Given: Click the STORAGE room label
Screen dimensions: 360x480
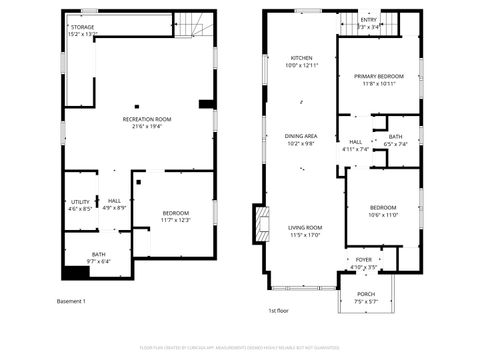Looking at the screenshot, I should pos(82,27).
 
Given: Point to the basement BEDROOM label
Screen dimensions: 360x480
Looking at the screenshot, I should pos(176,213).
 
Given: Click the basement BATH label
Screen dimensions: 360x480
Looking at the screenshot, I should pos(99,254).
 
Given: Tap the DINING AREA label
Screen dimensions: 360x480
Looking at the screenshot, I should pos(302,136).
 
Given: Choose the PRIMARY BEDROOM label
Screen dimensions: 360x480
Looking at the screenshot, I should pos(378,76).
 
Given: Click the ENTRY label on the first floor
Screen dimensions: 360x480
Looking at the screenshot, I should pos(369,20).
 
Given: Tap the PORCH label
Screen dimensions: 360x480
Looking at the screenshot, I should pos(366,293).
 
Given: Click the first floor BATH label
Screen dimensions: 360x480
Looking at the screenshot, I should pos(396,137).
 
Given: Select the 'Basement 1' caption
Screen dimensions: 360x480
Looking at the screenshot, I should pos(72,301).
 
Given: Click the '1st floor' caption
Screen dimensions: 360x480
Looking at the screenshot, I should pos(279,311).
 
